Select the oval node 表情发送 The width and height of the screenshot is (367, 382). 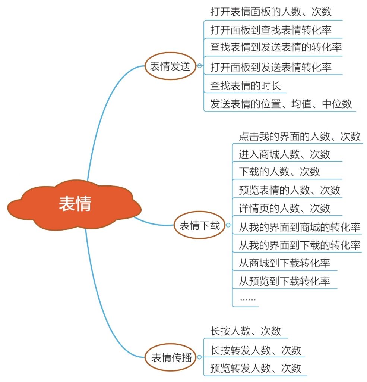coord(170,66)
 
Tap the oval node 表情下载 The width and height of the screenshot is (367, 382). coord(200,225)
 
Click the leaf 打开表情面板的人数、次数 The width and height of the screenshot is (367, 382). coord(270,12)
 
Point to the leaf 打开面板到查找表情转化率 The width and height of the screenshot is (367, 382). coord(270,29)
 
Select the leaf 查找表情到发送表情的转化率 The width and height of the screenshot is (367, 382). coord(276,47)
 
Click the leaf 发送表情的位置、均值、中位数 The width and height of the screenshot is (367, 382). coord(281,103)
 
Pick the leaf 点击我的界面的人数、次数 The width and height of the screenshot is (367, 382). coord(300,136)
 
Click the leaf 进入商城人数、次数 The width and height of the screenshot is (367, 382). coord(284,154)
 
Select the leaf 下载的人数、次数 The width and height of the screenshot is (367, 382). coord(279,172)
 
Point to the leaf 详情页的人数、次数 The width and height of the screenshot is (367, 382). coord(284,208)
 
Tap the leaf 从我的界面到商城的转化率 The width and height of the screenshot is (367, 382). coord(300,226)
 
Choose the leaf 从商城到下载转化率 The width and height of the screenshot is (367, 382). coord(284,263)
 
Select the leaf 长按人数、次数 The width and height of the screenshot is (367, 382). coord(246,331)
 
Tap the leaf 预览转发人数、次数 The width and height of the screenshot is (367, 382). coord(256,368)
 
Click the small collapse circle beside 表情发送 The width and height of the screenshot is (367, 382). coord(200,66)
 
